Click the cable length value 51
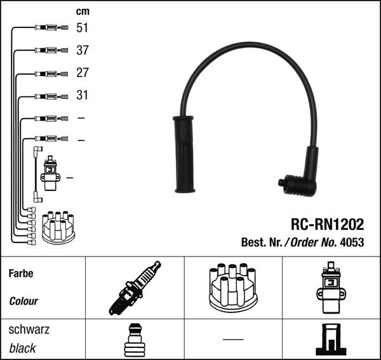click(83, 28)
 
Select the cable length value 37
click(83, 50)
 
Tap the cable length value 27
click(83, 73)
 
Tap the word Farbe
click(21, 274)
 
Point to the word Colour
click(23, 302)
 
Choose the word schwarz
click(29, 330)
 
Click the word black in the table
click(23, 348)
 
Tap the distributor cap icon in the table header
click(232, 290)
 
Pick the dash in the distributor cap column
click(233, 339)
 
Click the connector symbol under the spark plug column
click(134, 340)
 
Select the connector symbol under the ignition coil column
click(331, 340)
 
